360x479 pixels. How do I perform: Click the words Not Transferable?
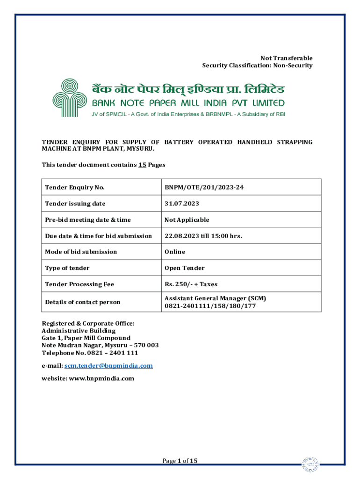[x=286, y=58]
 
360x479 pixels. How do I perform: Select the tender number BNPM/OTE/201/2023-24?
[x=204, y=188]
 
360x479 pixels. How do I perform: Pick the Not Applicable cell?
[x=187, y=220]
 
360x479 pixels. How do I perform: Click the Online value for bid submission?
[x=174, y=252]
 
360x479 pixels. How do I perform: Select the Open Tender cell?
[x=184, y=268]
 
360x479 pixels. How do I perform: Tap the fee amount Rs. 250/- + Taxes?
[x=191, y=284]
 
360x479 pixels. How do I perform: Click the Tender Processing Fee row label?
[x=79, y=284]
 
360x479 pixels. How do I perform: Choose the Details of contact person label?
[x=82, y=302]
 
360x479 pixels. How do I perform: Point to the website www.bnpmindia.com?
[x=101, y=378]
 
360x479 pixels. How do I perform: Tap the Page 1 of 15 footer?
[x=180, y=461]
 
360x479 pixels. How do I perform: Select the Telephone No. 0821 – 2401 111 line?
[x=90, y=352]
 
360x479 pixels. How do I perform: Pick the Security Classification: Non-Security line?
[x=257, y=65]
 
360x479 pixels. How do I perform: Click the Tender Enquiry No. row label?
[x=75, y=188]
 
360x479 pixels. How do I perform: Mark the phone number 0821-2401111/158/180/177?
[x=210, y=306]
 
